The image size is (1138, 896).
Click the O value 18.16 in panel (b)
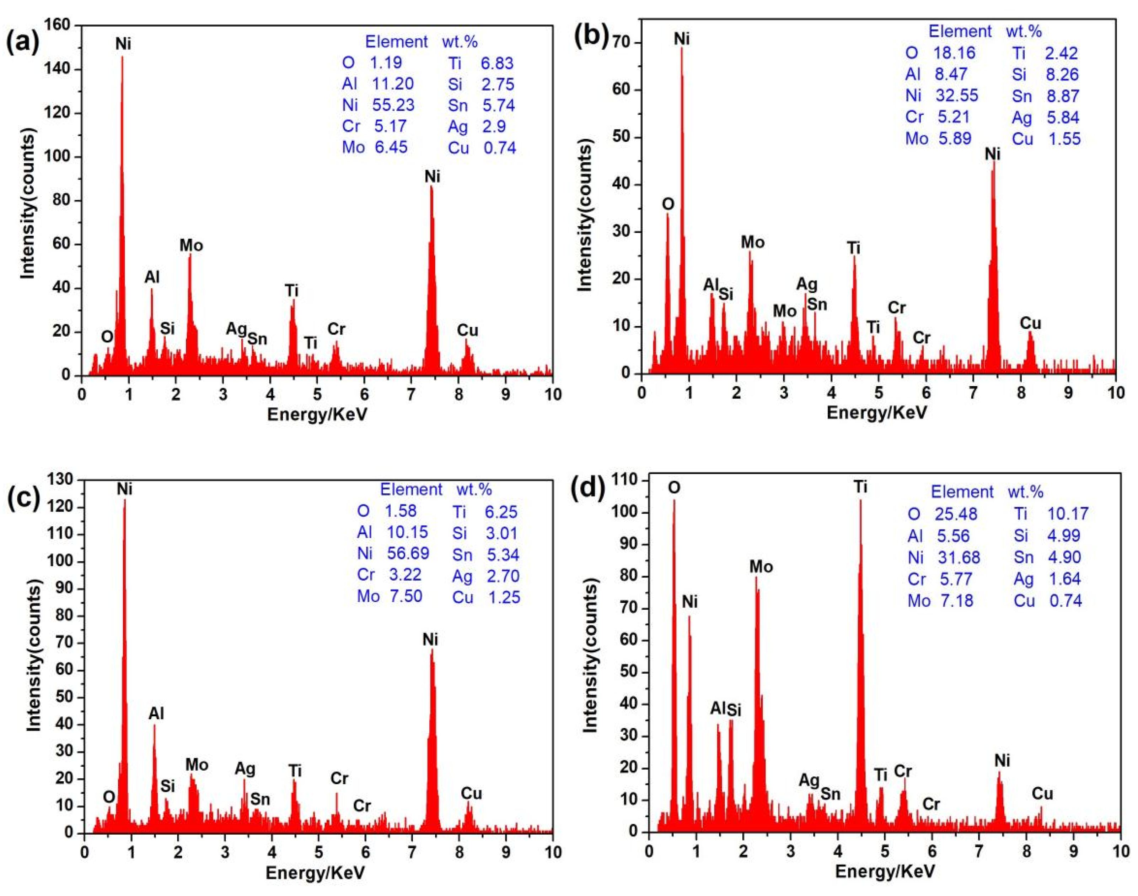(x=954, y=53)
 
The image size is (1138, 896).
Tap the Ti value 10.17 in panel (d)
(x=1068, y=514)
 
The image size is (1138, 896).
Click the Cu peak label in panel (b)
(x=1030, y=323)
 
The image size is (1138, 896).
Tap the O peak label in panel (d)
(x=674, y=488)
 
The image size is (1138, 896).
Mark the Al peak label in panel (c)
(x=156, y=713)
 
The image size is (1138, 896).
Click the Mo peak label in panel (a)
(x=191, y=245)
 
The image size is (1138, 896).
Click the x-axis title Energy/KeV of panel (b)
(x=876, y=412)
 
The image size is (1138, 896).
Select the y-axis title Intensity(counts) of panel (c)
(x=34, y=656)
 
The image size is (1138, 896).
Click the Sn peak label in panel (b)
(x=817, y=304)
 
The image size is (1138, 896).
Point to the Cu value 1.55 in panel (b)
(x=1064, y=139)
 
